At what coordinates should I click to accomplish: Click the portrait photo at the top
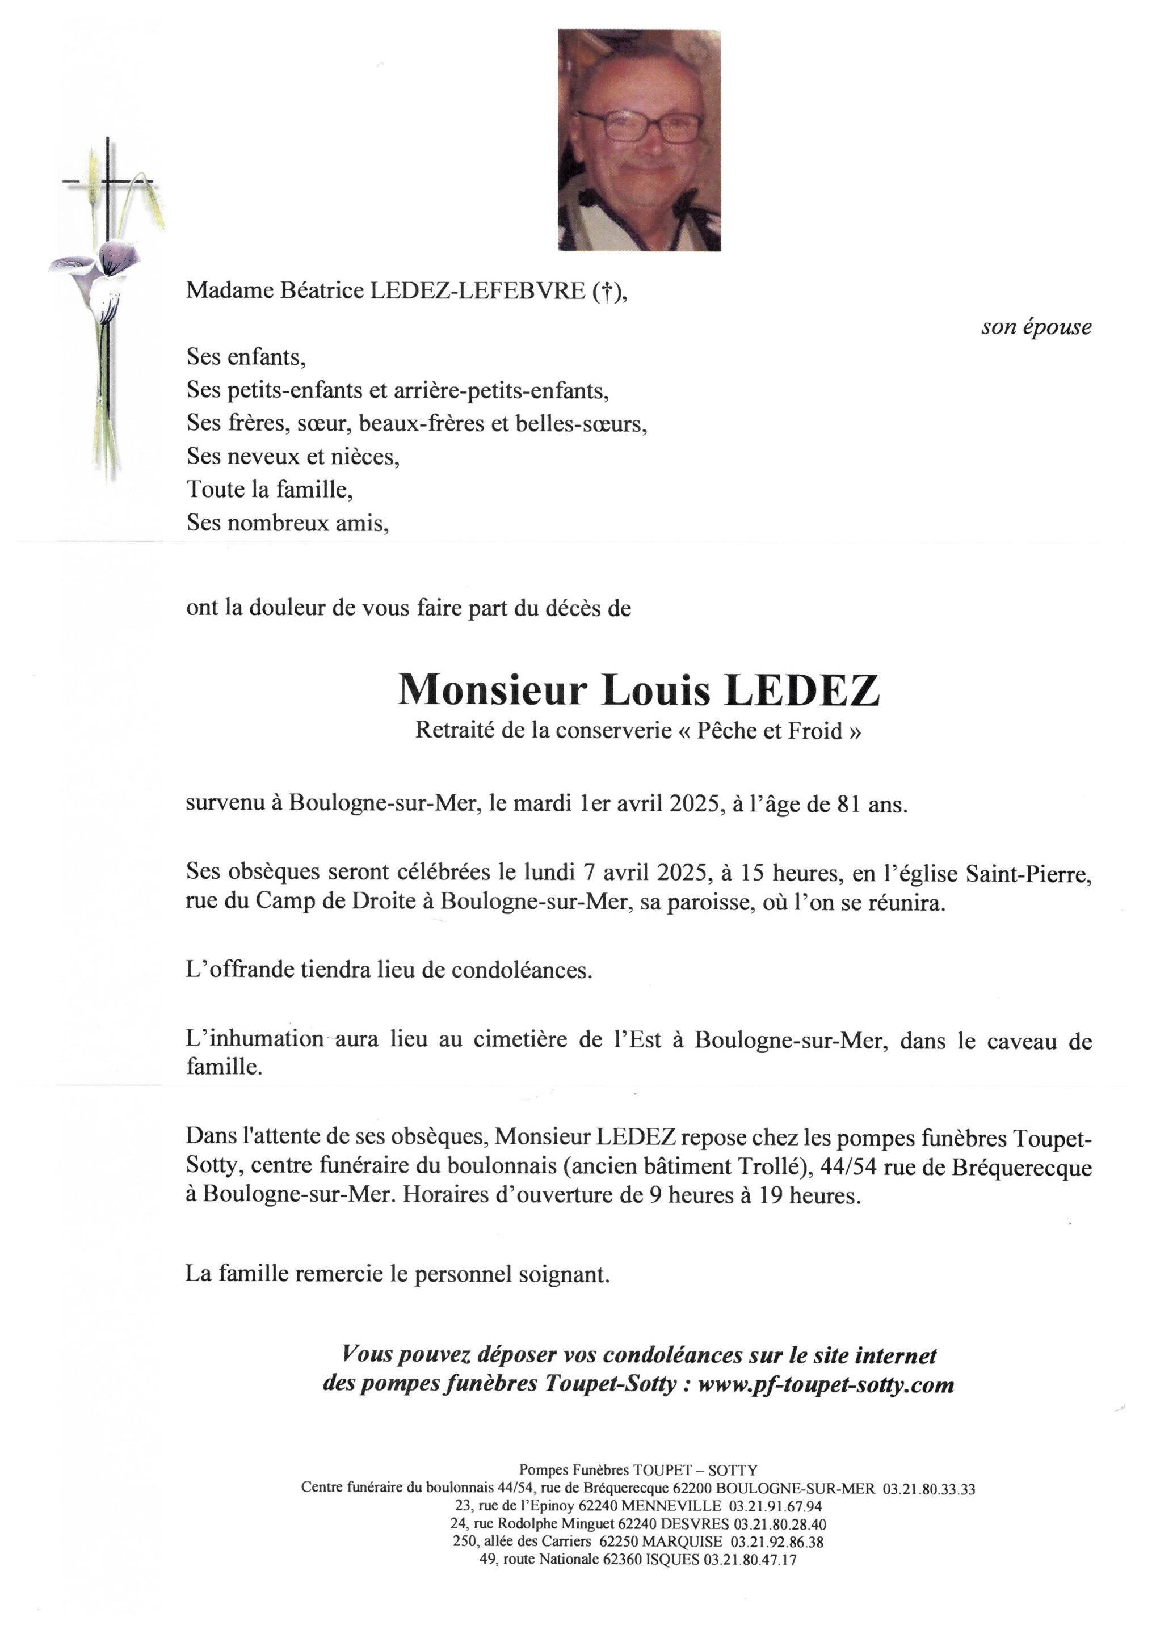click(x=638, y=140)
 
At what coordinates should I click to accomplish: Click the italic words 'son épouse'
click(x=1036, y=327)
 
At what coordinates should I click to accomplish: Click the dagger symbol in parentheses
click(x=607, y=291)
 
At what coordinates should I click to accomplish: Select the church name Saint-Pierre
click(x=1028, y=873)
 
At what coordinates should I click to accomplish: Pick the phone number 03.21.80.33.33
click(x=928, y=1489)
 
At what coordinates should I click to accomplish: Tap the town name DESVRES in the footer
click(x=695, y=1524)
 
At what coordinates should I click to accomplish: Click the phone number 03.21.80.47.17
click(x=750, y=1559)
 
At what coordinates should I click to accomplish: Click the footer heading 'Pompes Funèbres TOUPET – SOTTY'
click(x=638, y=1469)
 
